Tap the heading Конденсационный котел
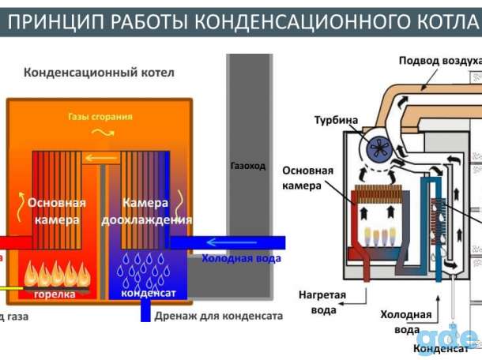pyautogui.click(x=99, y=73)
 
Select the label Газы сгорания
pyautogui.click(x=100, y=117)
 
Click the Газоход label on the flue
pyautogui.click(x=247, y=167)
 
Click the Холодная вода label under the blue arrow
pyautogui.click(x=241, y=258)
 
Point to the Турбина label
pyautogui.click(x=336, y=121)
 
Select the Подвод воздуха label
pyautogui.click(x=439, y=60)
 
